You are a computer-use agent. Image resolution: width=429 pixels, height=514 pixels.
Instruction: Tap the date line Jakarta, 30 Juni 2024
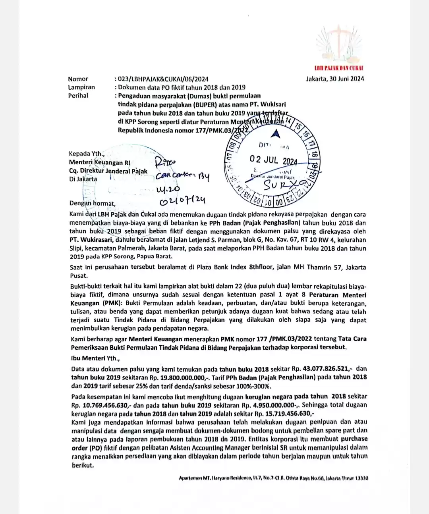[335, 78]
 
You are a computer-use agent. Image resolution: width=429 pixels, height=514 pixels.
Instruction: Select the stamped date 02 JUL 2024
[273, 160]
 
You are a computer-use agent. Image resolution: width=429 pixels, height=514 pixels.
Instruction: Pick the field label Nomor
[78, 79]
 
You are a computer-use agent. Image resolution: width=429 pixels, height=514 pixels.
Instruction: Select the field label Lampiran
[81, 87]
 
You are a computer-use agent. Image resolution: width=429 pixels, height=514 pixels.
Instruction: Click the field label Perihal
[78, 96]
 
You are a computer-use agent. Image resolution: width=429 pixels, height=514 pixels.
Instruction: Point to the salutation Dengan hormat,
[92, 204]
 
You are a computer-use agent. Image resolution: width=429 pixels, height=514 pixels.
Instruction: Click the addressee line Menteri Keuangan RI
[99, 162]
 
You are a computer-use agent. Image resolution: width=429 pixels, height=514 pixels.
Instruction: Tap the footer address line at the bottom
[273, 478]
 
